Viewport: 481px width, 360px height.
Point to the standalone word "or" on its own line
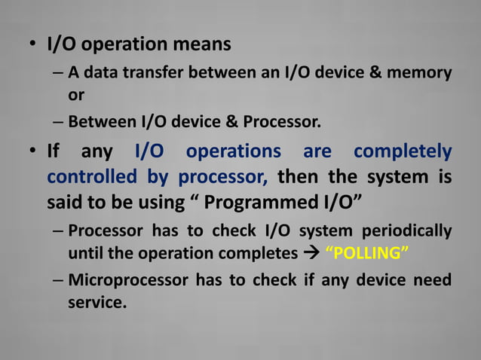pyautogui.click(x=77, y=96)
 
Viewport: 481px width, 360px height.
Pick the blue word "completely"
pyautogui.click(x=403, y=152)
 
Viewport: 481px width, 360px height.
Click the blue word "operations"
pyautogui.click(x=234, y=152)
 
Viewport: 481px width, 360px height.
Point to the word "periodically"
pyautogui.click(x=407, y=230)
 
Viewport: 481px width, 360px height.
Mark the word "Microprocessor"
pyautogui.click(x=127, y=280)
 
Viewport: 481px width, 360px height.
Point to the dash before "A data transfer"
pyautogui.click(x=59, y=74)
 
